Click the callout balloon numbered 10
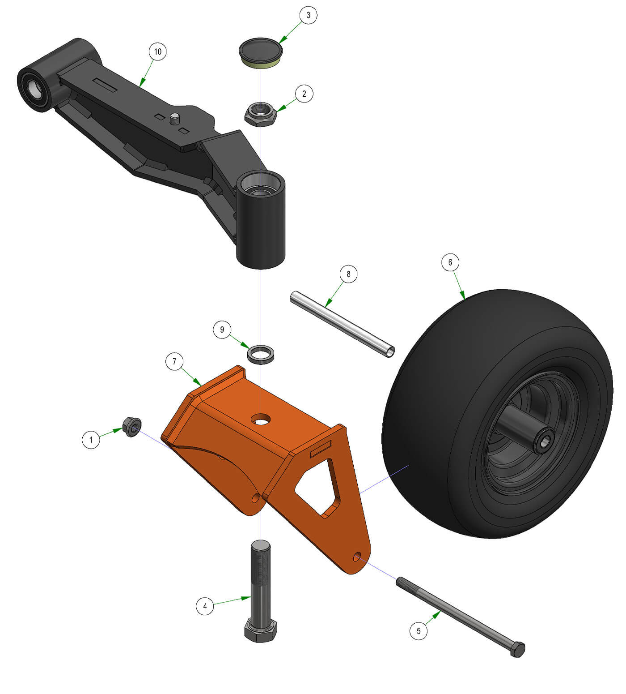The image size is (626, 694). point(157,52)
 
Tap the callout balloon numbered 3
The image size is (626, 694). point(308,15)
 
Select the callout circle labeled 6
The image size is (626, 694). point(450,262)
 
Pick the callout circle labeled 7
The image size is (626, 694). point(174,361)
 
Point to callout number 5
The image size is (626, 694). point(419,631)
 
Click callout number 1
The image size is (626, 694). point(91,439)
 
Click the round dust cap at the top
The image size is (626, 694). point(261,53)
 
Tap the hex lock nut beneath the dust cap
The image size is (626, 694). point(261,114)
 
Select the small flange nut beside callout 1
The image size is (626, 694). point(132,427)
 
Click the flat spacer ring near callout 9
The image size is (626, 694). point(261,354)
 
